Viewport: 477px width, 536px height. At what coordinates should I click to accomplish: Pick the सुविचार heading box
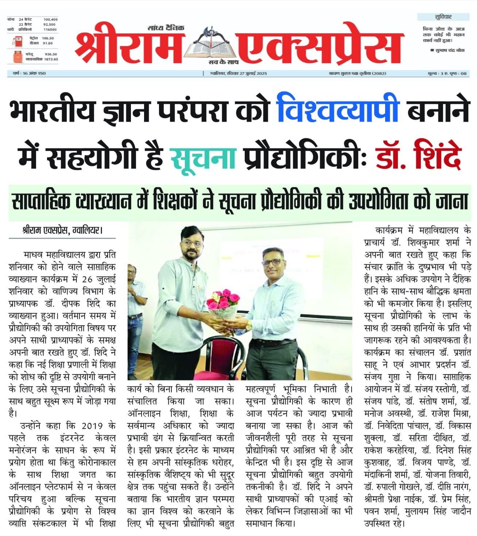pyautogui.click(x=443, y=17)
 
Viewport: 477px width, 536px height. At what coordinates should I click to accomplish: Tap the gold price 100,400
pyautogui.click(x=50, y=19)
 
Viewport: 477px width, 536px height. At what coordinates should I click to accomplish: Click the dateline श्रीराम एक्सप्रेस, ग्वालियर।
pyautogui.click(x=61, y=230)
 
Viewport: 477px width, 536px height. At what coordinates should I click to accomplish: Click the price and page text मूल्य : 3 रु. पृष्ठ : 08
pyautogui.click(x=447, y=73)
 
